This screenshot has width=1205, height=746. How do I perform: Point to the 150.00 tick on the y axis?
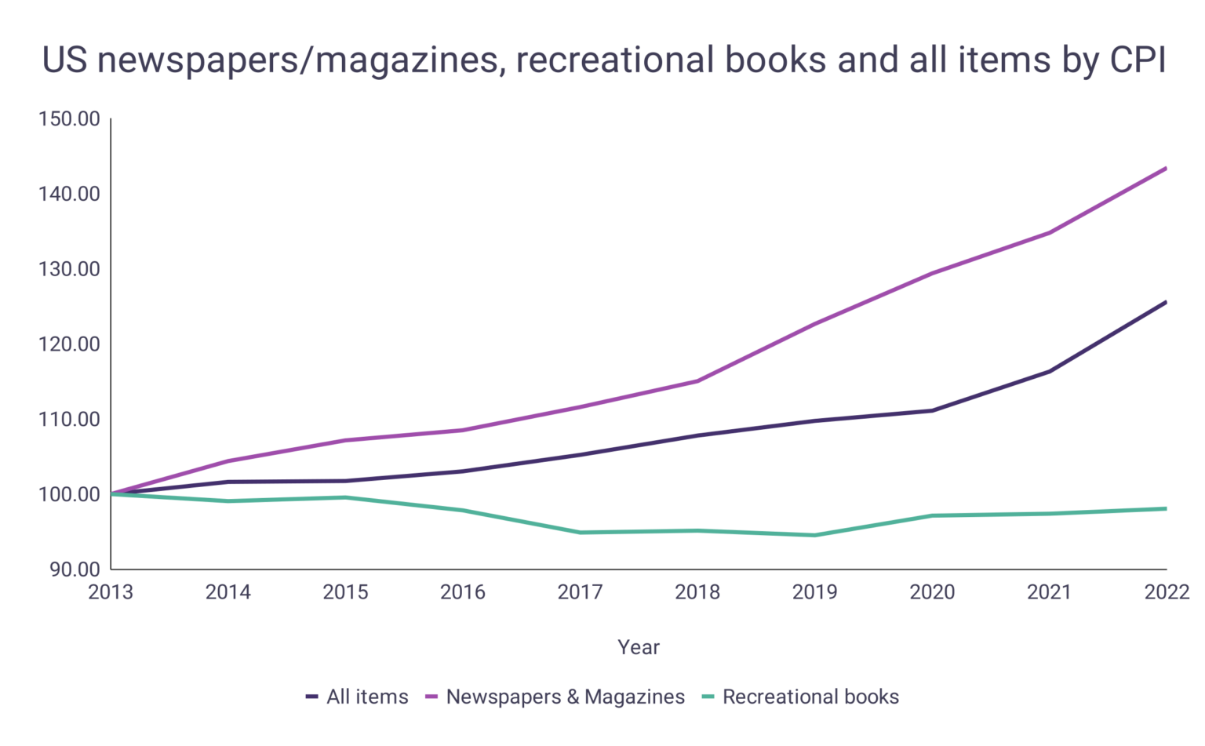click(69, 119)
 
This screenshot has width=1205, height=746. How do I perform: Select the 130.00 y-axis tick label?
click(69, 269)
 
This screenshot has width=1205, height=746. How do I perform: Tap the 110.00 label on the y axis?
click(69, 419)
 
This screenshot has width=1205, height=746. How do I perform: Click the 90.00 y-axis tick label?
click(75, 570)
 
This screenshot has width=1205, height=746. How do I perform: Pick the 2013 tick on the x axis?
click(111, 592)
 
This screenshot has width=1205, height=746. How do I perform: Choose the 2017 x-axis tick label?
click(580, 592)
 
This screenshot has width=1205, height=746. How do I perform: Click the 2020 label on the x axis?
click(932, 592)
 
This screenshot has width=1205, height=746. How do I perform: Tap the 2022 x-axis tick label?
click(1167, 592)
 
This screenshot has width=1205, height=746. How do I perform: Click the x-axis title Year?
click(639, 647)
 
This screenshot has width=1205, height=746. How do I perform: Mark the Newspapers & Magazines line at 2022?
click(1166, 169)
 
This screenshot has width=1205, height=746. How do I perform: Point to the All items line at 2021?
click(1049, 372)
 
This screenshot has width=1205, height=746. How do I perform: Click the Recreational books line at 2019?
click(814, 535)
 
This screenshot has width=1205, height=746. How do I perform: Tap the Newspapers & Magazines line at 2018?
click(697, 381)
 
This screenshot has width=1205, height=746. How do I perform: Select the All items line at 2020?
click(932, 410)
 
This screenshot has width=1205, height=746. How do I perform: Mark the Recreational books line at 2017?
click(580, 533)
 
